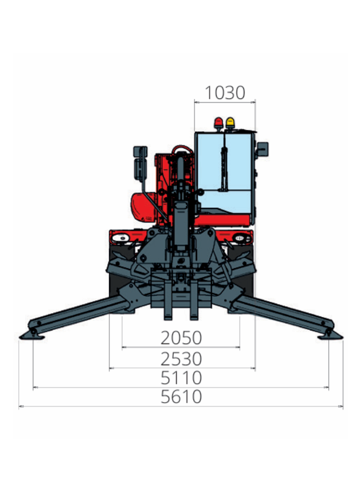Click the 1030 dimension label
point(225,92)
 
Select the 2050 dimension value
point(181,338)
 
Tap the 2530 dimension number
point(181,359)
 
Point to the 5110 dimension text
point(181,378)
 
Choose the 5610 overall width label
point(181,397)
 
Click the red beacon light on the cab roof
point(218,123)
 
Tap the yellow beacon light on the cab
point(230,123)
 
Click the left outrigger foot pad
point(32,337)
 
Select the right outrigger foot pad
point(330,337)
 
